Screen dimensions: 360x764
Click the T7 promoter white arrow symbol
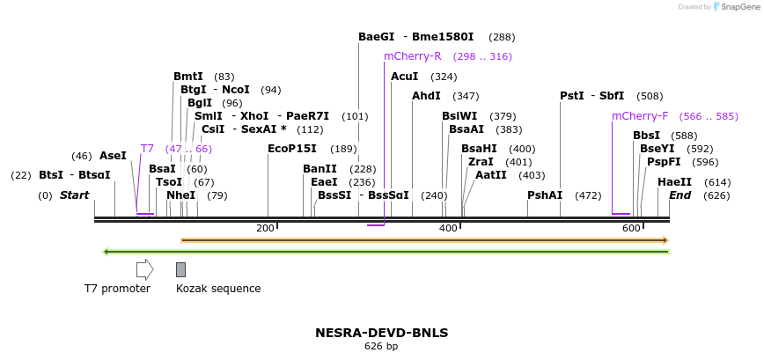(x=145, y=269)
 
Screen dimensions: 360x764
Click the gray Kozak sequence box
(x=180, y=269)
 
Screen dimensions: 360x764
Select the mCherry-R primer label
(x=412, y=56)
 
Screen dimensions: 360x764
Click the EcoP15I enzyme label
(x=292, y=149)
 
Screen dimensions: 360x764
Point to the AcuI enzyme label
(x=404, y=77)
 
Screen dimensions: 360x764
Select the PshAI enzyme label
(x=545, y=195)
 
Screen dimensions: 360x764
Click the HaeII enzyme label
(x=674, y=182)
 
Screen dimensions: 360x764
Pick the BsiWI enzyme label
(x=459, y=116)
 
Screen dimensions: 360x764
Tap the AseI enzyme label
(x=113, y=156)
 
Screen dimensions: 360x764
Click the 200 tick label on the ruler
(x=265, y=229)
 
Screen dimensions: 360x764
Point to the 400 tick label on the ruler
(x=448, y=229)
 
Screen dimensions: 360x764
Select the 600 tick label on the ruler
(x=631, y=229)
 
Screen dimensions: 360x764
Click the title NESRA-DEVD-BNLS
(x=381, y=333)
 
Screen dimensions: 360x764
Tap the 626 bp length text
(x=381, y=347)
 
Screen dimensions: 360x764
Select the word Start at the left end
(x=75, y=195)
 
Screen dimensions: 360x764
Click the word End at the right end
(x=680, y=195)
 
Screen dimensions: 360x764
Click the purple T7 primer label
(x=147, y=149)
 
